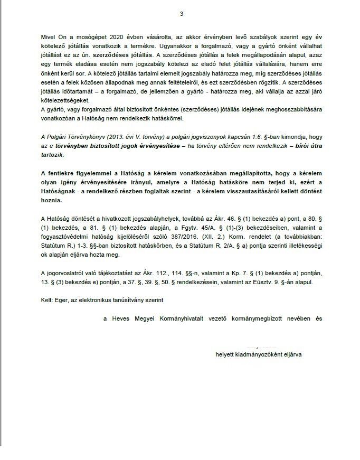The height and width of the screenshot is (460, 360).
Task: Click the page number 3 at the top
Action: (181, 14)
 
